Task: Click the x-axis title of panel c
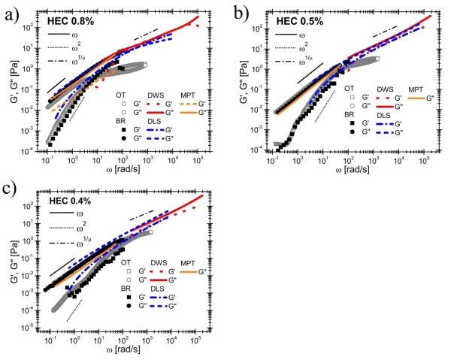point(138,351)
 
